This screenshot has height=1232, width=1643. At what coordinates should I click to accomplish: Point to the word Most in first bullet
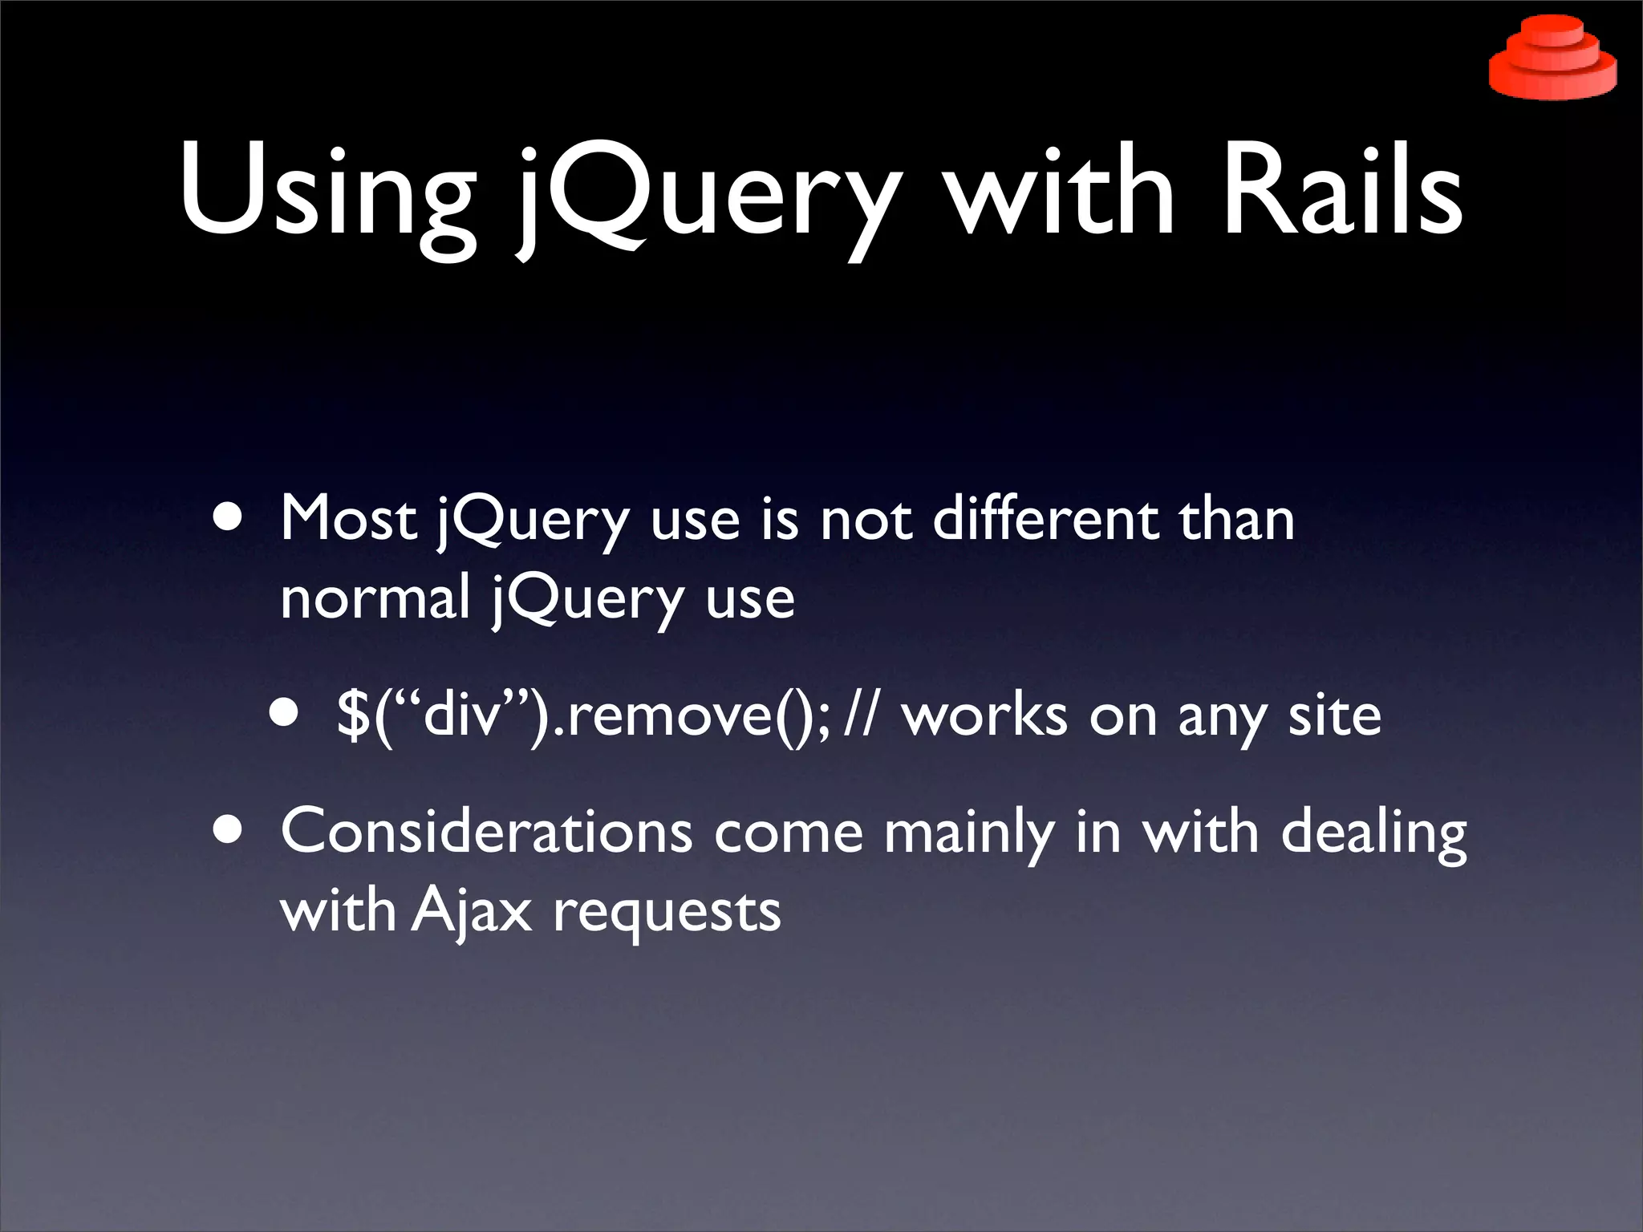(x=348, y=519)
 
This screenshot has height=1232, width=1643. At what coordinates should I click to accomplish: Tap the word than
(x=1236, y=519)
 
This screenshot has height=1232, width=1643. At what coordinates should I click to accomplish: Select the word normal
(x=375, y=598)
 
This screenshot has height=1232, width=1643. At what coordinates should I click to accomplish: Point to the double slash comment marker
(x=861, y=715)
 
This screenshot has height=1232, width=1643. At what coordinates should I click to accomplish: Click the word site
(x=1334, y=715)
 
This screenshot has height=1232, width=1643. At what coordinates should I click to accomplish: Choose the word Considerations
(x=486, y=832)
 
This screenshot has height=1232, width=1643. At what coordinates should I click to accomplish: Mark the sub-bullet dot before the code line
(x=284, y=713)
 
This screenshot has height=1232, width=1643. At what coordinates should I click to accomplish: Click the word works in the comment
(x=984, y=715)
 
